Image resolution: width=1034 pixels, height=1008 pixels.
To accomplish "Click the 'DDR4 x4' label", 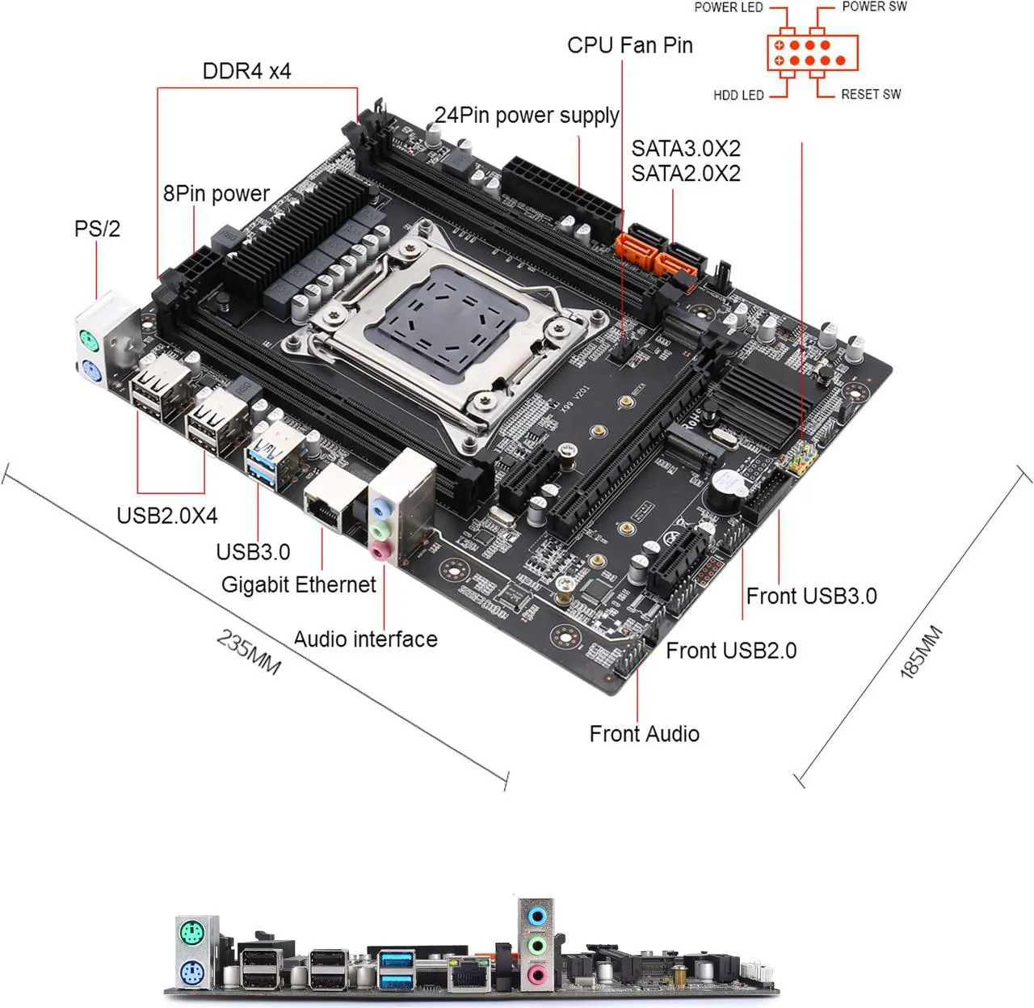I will click(x=246, y=71).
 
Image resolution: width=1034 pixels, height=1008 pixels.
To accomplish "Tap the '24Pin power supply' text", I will click(x=527, y=116).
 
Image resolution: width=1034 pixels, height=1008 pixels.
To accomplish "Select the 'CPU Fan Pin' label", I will click(x=629, y=45).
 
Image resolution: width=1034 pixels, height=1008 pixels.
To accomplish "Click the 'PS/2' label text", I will click(x=97, y=229).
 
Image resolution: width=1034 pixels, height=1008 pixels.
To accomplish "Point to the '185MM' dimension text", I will click(x=921, y=652).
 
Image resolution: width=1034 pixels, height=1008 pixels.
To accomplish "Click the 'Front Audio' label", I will click(x=644, y=734).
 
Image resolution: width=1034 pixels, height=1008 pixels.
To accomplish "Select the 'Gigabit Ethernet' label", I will click(x=298, y=584).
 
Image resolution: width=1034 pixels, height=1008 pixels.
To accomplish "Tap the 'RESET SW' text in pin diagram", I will click(x=870, y=95).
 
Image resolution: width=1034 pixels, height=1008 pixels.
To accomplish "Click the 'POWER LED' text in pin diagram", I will click(x=728, y=7).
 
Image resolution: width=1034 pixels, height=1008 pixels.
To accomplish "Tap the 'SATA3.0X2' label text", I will click(x=685, y=149).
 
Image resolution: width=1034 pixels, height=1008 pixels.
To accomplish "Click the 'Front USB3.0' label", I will click(x=811, y=597).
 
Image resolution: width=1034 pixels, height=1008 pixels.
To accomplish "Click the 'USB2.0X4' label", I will click(x=167, y=516).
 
